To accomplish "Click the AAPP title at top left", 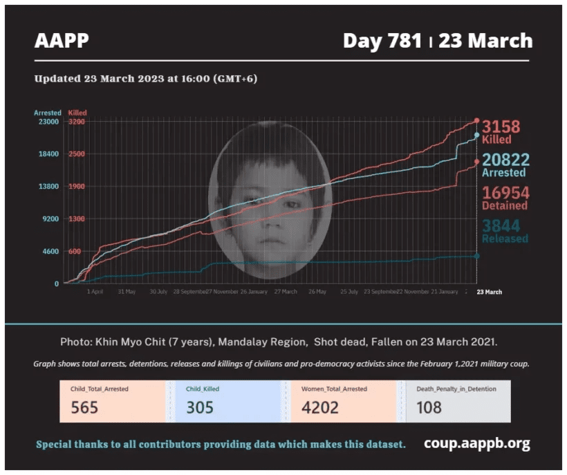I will [x=62, y=41].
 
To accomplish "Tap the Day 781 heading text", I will [x=382, y=41].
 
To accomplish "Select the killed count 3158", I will [x=501, y=127].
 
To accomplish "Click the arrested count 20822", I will [x=505, y=160].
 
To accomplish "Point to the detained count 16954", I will [x=505, y=193].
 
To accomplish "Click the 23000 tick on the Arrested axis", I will [x=48, y=122].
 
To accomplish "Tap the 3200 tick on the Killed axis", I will [x=77, y=122].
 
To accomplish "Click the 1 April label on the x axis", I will [x=95, y=292].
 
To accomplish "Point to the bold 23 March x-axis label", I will [x=490, y=292].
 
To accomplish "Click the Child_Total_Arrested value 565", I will [x=84, y=407].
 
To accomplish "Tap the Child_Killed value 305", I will [x=200, y=407].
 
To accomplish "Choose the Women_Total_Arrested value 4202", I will [x=320, y=407].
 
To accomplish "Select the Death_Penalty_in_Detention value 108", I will [x=429, y=407].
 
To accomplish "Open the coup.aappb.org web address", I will [x=477, y=443].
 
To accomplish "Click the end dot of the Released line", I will [x=476, y=256].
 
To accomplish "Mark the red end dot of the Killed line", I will [x=476, y=121].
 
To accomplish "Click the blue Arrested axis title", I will [x=48, y=113].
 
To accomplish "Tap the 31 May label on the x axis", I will [x=127, y=292].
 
